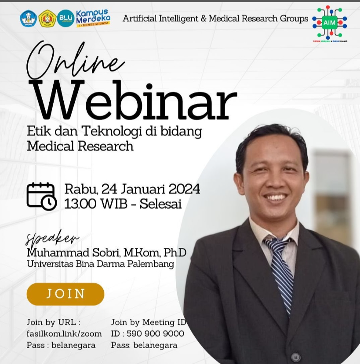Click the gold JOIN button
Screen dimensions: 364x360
click(65, 294)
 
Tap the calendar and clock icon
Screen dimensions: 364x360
click(41, 196)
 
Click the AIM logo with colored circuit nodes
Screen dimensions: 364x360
click(330, 23)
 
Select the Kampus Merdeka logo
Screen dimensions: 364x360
click(93, 18)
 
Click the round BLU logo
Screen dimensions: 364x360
click(65, 18)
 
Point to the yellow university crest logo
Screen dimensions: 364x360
click(47, 18)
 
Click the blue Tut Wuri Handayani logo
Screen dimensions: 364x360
click(29, 18)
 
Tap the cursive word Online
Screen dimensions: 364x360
click(75, 62)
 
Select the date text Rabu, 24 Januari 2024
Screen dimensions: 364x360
click(132, 189)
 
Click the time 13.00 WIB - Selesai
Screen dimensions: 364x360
click(123, 204)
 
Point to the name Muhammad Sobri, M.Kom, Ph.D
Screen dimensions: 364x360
click(106, 253)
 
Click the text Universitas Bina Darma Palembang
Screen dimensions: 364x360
click(100, 264)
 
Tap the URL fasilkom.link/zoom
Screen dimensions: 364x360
click(64, 334)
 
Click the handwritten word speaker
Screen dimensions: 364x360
click(52, 239)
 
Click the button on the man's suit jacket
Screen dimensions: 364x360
click(296, 357)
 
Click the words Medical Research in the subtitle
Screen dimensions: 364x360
click(80, 146)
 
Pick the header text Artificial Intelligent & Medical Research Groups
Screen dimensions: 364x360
click(215, 18)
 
